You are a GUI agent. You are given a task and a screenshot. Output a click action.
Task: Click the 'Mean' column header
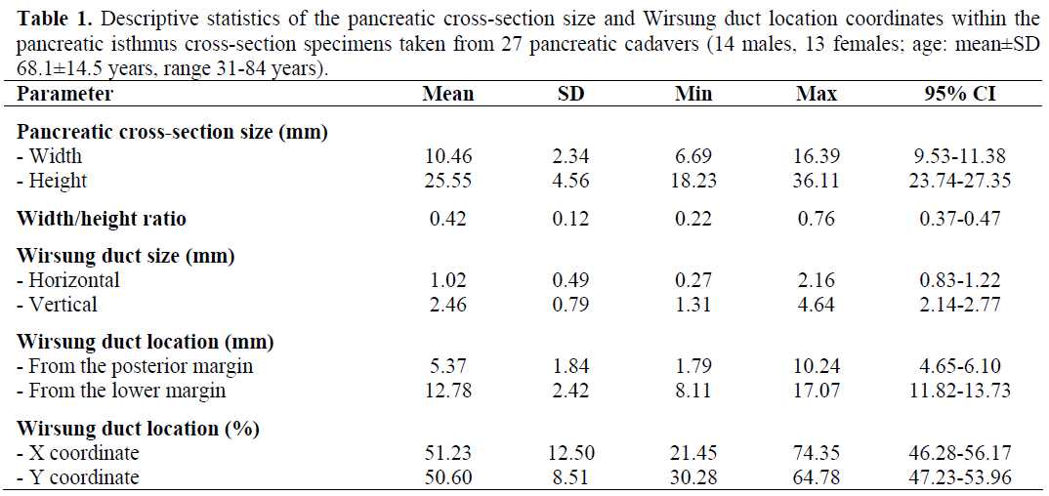pyautogui.click(x=448, y=95)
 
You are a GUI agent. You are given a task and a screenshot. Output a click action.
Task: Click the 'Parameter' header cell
pyautogui.click(x=65, y=95)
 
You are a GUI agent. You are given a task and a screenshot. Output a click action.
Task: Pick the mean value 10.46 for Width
pyautogui.click(x=448, y=156)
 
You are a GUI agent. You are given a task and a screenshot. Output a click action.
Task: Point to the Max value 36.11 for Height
pyautogui.click(x=818, y=181)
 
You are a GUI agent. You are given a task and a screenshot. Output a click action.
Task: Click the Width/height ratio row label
pyautogui.click(x=102, y=219)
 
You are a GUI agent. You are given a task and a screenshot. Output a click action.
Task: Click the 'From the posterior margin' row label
pyautogui.click(x=136, y=366)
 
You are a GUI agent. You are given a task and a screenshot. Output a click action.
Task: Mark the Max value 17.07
pyautogui.click(x=818, y=391)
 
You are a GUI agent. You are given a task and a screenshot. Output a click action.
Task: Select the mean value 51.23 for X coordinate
pyautogui.click(x=448, y=453)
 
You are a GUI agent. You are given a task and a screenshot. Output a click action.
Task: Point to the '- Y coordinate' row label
pyautogui.click(x=78, y=477)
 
